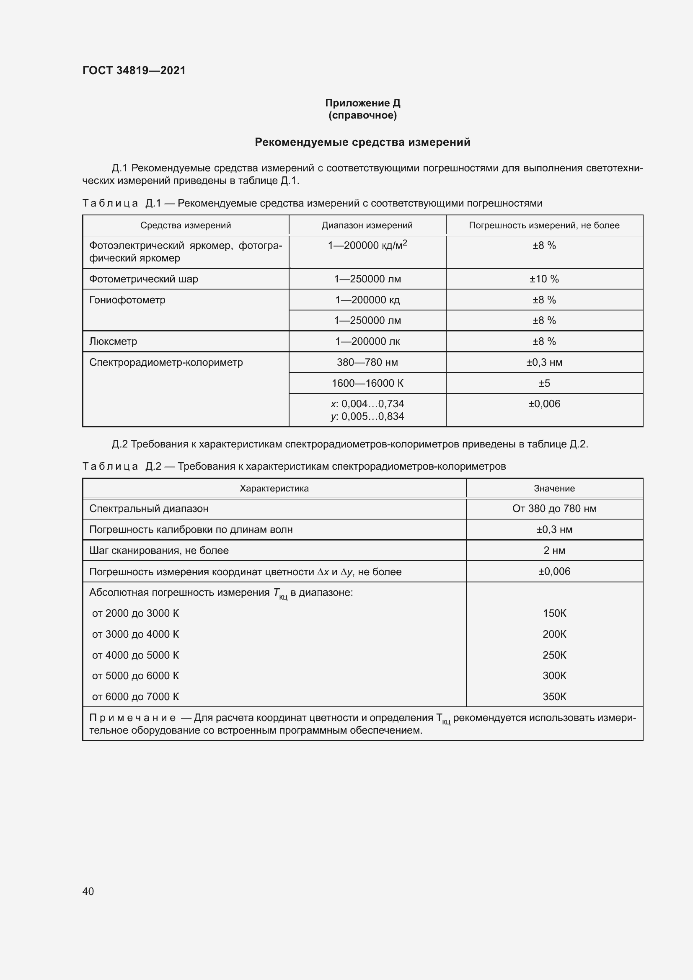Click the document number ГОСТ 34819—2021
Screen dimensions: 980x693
134,70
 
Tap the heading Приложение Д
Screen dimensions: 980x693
362,103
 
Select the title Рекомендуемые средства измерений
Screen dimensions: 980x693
362,142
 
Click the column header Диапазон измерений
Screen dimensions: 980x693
367,225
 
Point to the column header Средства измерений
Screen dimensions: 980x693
186,225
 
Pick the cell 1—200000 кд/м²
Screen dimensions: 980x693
367,246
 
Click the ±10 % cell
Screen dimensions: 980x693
544,279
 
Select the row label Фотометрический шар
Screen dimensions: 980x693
143,279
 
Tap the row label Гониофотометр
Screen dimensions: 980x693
127,300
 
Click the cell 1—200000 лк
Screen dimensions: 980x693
367,341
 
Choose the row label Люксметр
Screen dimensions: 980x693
113,341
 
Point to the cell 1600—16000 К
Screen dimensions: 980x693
367,383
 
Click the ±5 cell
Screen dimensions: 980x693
544,383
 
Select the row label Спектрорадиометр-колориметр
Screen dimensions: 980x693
166,362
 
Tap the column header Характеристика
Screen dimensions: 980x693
274,488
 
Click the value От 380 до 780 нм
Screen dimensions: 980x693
554,509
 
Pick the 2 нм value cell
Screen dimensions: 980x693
554,551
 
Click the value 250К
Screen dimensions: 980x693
554,655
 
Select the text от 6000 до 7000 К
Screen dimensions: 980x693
135,697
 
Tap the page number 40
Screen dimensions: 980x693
88,891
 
